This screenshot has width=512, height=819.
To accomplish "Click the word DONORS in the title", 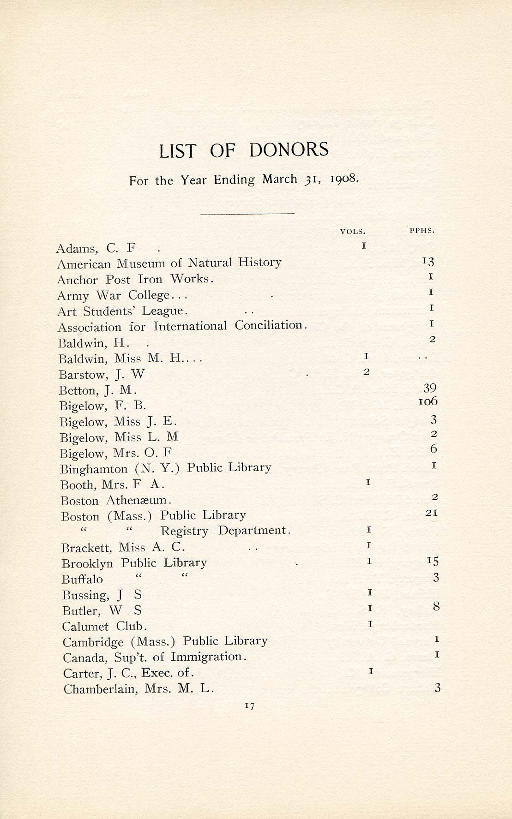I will pyautogui.click(x=289, y=150).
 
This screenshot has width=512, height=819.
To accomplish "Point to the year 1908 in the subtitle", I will pyautogui.click(x=344, y=179).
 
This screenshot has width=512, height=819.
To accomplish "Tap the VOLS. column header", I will pyautogui.click(x=353, y=232).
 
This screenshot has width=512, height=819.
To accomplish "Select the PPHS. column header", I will pyautogui.click(x=422, y=230).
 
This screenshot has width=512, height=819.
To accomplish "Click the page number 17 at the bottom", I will pyautogui.click(x=250, y=705).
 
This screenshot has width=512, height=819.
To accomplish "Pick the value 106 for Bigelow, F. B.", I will pyautogui.click(x=428, y=402).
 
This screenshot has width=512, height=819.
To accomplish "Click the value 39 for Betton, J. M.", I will pyautogui.click(x=430, y=388).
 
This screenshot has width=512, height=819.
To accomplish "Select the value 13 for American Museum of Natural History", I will pyautogui.click(x=428, y=262).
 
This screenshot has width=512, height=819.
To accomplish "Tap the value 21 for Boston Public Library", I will pyautogui.click(x=432, y=513).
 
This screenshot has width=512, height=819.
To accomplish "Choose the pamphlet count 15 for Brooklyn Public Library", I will pyautogui.click(x=433, y=561).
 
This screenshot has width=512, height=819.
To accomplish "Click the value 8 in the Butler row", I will pyautogui.click(x=436, y=607).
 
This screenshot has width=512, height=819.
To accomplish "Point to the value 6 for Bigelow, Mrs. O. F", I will pyautogui.click(x=433, y=449).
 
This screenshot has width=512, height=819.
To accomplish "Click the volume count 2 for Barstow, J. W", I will pyautogui.click(x=366, y=372).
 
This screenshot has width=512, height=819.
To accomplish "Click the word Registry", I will pyautogui.click(x=184, y=531).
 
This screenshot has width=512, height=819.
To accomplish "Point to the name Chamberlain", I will pyautogui.click(x=101, y=689).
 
